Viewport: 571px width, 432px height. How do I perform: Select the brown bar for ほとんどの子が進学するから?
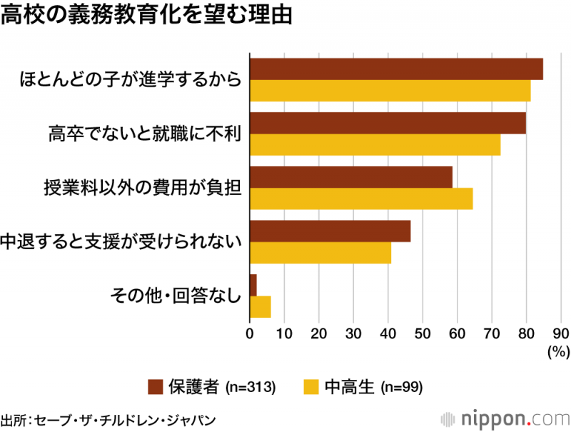tap(396, 69)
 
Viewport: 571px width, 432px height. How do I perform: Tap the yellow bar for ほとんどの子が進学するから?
tap(390, 91)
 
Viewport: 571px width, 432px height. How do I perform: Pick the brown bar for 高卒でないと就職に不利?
tap(388, 123)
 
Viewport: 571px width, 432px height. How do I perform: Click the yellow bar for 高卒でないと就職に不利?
tap(375, 145)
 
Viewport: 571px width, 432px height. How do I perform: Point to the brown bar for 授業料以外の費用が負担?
tap(351, 177)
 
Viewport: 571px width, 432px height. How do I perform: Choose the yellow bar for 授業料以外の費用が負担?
tap(361, 199)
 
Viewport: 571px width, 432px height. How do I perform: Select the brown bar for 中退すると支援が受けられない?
tap(330, 231)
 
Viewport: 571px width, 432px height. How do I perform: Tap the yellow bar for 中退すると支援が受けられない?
tap(320, 253)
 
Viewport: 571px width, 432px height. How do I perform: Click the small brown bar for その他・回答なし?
tap(253, 285)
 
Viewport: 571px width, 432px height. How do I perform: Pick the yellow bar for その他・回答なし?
tap(260, 306)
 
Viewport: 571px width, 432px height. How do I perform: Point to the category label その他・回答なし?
tap(174, 296)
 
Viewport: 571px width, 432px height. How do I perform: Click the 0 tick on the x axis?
tap(250, 333)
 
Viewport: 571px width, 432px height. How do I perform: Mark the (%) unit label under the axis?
tap(557, 351)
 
